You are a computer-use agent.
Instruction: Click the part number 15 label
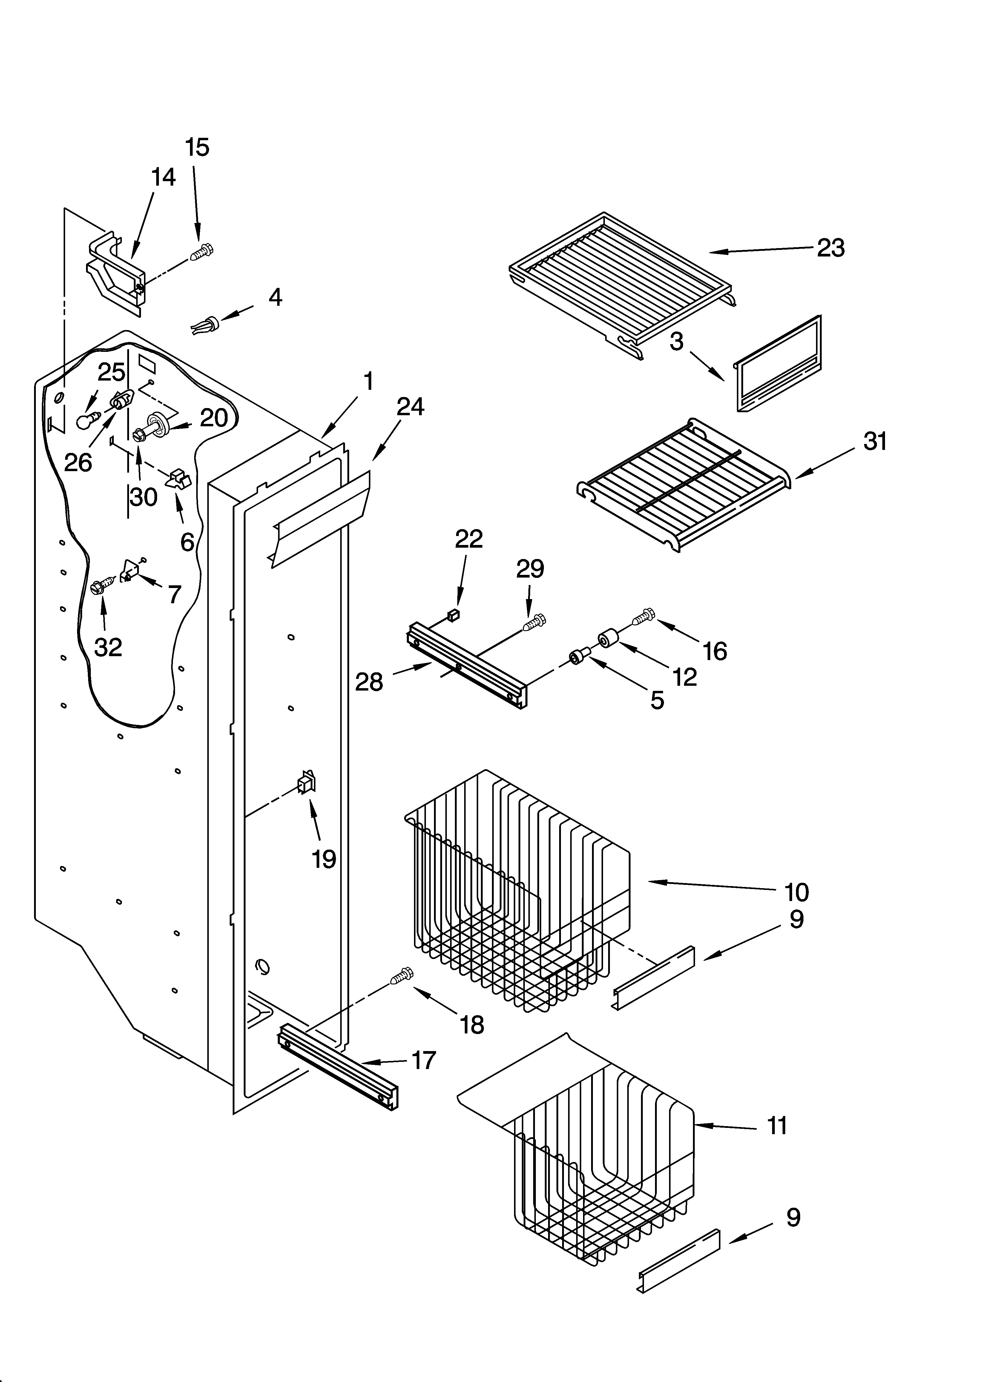click(x=197, y=147)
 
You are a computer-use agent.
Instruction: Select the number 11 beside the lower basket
click(x=777, y=1126)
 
